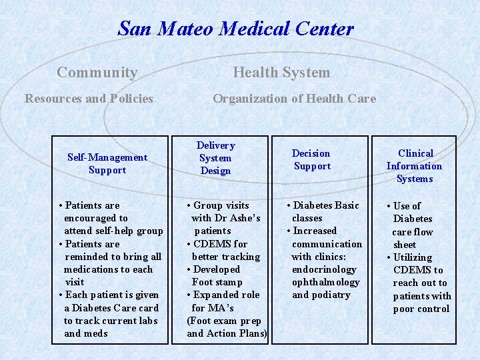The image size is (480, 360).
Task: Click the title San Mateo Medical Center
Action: [235, 29]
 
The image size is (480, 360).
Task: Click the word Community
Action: [97, 73]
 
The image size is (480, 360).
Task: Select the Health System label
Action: [281, 73]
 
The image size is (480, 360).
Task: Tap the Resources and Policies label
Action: [89, 99]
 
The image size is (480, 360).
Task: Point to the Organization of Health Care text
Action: [294, 99]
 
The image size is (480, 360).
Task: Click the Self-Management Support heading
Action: [107, 163]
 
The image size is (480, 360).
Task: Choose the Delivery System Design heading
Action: [215, 158]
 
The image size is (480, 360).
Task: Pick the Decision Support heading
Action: [311, 159]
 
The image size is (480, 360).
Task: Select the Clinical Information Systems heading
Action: [415, 166]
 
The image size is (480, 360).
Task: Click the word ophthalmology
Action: [326, 282]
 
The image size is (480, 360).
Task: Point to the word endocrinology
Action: [324, 269]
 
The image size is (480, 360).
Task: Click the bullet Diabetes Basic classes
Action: [323, 211]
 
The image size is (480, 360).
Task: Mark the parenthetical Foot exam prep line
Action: [223, 321]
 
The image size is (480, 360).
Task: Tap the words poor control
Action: [421, 309]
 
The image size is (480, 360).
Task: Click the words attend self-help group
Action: [113, 231]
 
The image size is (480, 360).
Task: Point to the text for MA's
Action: [213, 307]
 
